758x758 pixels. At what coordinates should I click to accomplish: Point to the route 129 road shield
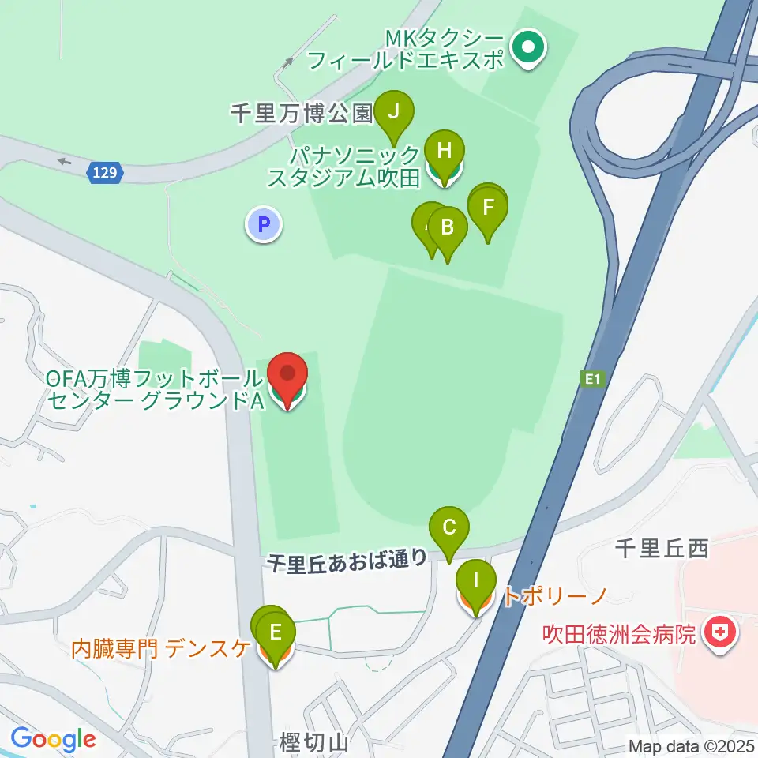[x=105, y=173]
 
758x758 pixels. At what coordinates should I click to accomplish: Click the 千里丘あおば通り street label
[x=347, y=561]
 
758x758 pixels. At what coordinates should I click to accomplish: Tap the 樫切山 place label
[x=313, y=742]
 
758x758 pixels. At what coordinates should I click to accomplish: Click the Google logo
[x=53, y=739]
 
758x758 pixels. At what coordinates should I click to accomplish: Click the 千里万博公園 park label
[x=301, y=114]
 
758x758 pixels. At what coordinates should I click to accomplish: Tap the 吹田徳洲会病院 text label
[x=619, y=633]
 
